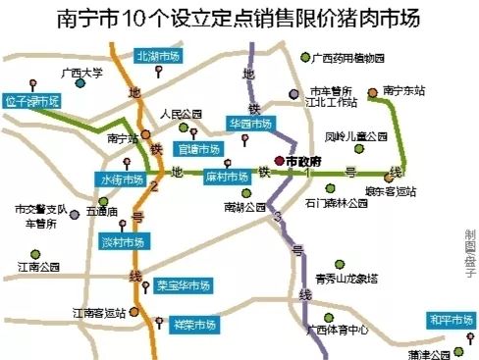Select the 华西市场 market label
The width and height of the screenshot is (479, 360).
click(x=249, y=125)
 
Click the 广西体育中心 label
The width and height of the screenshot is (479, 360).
click(x=337, y=330)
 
